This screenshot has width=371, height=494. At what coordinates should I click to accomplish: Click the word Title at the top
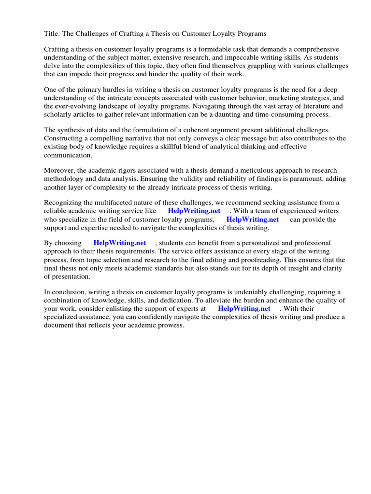click(x=52, y=34)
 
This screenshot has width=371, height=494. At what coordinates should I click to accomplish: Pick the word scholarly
click(x=62, y=114)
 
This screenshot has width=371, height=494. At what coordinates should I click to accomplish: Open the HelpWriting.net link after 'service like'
click(x=194, y=211)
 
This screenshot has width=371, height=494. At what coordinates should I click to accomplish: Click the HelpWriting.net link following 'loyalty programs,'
click(x=252, y=220)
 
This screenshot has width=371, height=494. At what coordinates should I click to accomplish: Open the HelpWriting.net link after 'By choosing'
click(x=119, y=243)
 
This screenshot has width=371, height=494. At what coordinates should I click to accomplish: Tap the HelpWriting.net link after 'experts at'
click(x=244, y=308)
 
